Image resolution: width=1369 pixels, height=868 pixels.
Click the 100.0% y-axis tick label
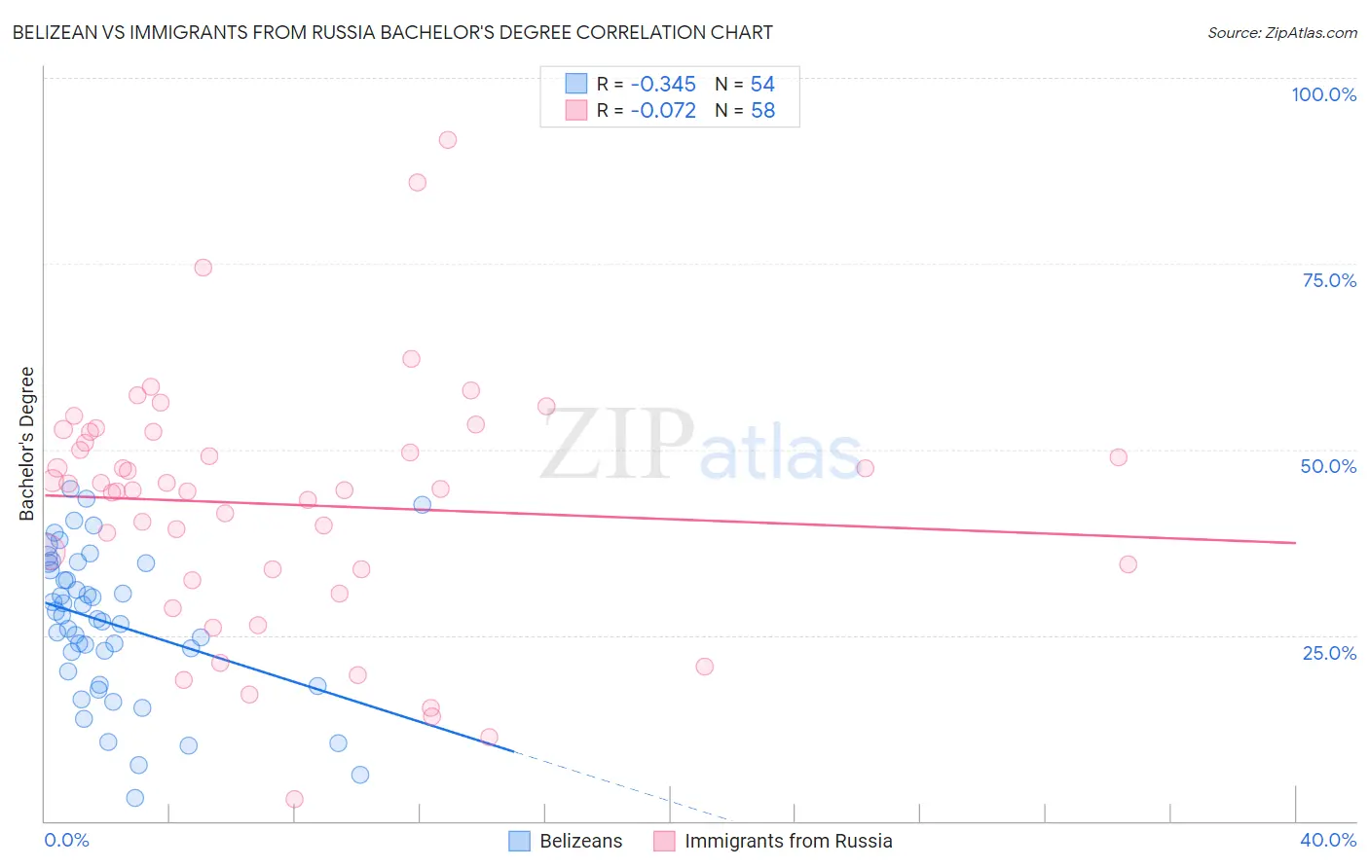tap(1323, 94)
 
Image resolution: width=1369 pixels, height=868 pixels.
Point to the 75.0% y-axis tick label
tap(1329, 280)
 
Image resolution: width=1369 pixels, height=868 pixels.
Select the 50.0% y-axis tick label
tap(1328, 466)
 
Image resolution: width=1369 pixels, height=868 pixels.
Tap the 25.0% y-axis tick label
tap(1329, 653)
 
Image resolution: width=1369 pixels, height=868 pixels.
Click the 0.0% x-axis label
tap(66, 840)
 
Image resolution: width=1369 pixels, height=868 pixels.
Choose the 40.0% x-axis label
tap(1327, 840)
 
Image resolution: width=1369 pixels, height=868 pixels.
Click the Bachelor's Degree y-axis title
tap(27, 443)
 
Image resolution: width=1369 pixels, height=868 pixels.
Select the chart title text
tap(392, 32)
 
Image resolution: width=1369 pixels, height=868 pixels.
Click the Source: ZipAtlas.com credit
tap(1281, 33)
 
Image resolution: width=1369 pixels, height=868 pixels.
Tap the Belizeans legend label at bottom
tap(580, 841)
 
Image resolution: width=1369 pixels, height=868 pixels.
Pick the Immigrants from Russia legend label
tap(788, 841)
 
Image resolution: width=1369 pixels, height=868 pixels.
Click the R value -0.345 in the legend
tap(663, 85)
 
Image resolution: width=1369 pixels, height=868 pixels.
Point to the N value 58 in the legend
tap(762, 111)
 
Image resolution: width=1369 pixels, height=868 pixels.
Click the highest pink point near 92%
tap(447, 140)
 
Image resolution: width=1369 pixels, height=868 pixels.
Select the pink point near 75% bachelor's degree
tap(203, 268)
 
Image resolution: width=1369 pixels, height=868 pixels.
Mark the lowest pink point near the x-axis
tap(294, 799)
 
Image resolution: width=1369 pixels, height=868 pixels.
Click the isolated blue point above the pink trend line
tap(422, 504)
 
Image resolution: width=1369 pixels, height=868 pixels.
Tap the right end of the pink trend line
tap(1295, 542)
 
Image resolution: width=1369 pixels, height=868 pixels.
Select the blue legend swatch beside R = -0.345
tap(576, 85)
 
